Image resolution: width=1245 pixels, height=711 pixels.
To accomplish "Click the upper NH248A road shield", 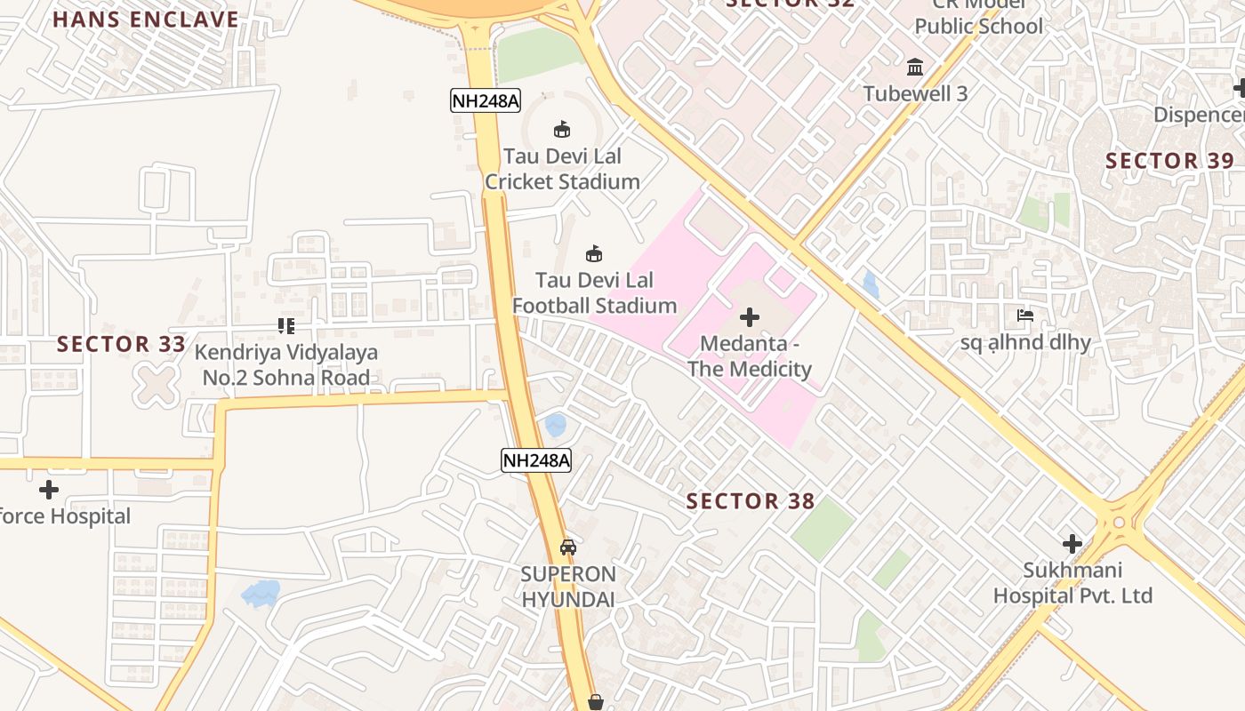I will click(485, 100).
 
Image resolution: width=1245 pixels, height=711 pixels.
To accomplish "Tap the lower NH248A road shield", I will click(535, 460).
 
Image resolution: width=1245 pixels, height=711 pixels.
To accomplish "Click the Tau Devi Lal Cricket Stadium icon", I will click(562, 130).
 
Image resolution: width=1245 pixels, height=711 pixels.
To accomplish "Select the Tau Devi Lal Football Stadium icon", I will click(594, 254).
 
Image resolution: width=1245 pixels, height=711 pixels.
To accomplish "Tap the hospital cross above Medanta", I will click(750, 317).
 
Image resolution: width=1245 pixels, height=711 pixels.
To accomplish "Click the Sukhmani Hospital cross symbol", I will click(1072, 543).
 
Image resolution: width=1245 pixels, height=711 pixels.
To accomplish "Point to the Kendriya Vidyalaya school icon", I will click(285, 326).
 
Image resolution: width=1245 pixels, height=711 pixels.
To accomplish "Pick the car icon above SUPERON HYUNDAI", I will click(568, 547).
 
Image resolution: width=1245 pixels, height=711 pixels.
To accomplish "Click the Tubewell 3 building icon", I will click(915, 67).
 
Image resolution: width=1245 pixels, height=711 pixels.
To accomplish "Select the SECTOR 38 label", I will click(751, 501).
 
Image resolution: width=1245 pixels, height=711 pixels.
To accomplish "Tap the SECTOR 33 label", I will click(122, 344).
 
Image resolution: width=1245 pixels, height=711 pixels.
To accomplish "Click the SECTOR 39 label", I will click(1169, 161).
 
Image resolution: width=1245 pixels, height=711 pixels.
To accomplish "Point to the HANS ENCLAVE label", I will click(146, 20).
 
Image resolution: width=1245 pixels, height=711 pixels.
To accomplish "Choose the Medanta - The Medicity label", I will click(750, 356).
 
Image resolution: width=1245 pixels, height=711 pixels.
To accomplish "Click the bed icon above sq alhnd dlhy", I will click(1025, 316).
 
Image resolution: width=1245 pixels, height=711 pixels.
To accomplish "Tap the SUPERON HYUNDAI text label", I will click(568, 587).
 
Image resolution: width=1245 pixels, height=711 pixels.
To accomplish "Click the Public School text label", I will click(978, 26).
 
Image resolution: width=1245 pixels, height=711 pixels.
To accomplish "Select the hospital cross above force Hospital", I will click(49, 489).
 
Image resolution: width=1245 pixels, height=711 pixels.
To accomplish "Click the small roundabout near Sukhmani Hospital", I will click(1119, 523).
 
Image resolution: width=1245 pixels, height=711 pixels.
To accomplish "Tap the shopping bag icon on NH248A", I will click(596, 703).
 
